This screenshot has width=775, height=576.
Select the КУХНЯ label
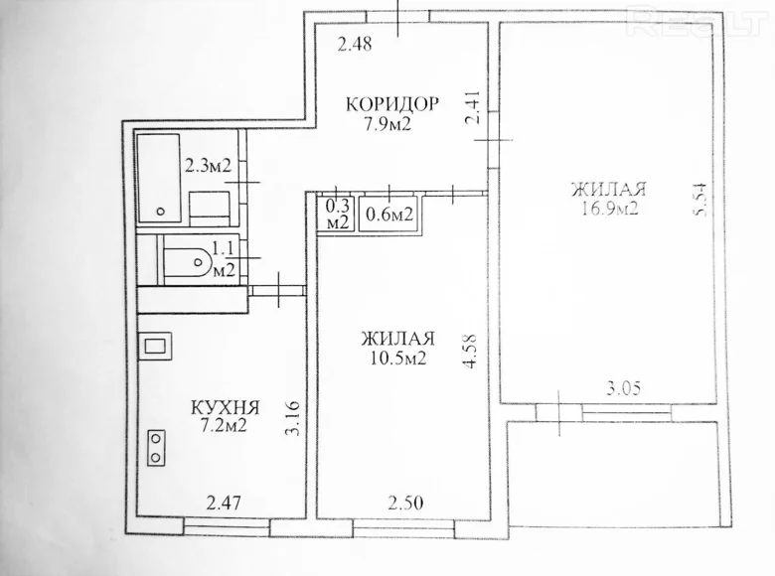tap(226, 407)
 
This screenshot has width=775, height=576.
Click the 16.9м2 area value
tap(610, 209)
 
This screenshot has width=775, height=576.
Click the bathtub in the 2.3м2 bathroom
tap(159, 180)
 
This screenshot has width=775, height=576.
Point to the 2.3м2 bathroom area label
tap(208, 167)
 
